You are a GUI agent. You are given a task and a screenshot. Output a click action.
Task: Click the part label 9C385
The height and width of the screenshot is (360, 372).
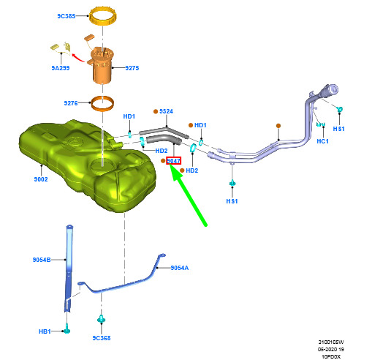click(67, 16)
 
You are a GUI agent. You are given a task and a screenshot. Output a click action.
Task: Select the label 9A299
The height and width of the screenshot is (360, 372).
click(61, 68)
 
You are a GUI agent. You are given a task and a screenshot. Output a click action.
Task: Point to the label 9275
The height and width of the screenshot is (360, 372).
click(132, 68)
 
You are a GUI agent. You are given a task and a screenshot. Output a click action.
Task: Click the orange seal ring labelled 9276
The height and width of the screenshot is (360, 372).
click(102, 108)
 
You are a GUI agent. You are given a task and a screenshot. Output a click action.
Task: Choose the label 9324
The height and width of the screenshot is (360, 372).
click(166, 111)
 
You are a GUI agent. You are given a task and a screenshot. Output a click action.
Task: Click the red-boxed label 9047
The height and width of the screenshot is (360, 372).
click(173, 161)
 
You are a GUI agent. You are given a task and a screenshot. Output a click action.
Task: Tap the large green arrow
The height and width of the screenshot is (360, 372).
click(188, 195)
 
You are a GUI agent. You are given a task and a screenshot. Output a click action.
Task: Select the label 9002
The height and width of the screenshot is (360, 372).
click(41, 179)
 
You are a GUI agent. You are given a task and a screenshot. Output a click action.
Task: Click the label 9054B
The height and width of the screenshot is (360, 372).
click(42, 260)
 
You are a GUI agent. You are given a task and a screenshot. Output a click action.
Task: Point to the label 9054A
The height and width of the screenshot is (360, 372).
click(180, 268)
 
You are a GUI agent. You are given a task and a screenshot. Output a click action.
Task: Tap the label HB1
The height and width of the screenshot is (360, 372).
click(45, 331)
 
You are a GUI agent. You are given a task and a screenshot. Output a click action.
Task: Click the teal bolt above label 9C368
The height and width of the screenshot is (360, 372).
click(102, 318)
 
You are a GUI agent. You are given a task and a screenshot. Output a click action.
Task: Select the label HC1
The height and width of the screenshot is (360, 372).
click(323, 141)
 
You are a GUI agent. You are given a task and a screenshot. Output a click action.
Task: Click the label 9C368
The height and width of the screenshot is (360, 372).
click(102, 338)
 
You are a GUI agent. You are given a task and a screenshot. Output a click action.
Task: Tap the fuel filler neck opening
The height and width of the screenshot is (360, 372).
click(333, 89)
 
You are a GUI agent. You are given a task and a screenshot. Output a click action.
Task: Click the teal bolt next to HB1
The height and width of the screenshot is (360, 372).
click(67, 329)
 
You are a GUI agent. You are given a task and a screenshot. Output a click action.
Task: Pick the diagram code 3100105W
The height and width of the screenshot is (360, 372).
click(331, 342)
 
